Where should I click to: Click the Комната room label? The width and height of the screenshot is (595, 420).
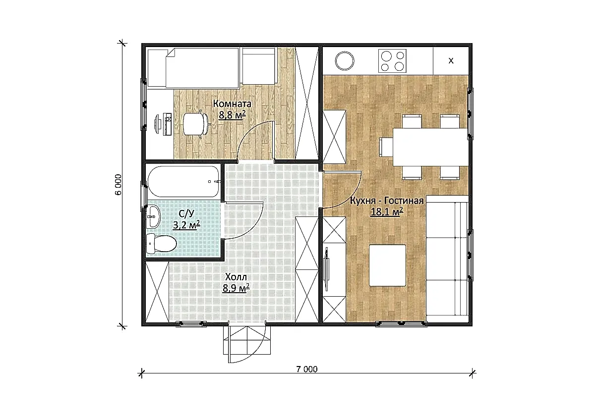click(232, 104)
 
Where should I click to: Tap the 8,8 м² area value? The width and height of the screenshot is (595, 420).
click(232, 115)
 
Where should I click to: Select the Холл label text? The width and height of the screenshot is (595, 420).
click(236, 277)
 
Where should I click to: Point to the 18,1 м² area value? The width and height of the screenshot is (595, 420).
click(387, 212)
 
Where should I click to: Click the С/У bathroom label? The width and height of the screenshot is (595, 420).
click(186, 214)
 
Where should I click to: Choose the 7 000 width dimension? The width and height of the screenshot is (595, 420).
click(307, 369)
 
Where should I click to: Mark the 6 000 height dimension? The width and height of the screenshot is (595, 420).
click(118, 185)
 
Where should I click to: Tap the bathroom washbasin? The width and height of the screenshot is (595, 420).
click(154, 217)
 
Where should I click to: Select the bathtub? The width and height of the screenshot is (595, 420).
click(183, 181)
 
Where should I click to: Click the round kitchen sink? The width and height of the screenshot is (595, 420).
click(345, 61)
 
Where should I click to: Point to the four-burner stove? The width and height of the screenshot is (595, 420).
click(392, 61)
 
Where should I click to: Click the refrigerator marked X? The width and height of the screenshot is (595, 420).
click(451, 61)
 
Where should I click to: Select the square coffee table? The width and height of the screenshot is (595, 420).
click(388, 265)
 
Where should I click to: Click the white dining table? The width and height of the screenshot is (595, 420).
click(430, 147)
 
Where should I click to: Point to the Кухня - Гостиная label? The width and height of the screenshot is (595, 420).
click(387, 201)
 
